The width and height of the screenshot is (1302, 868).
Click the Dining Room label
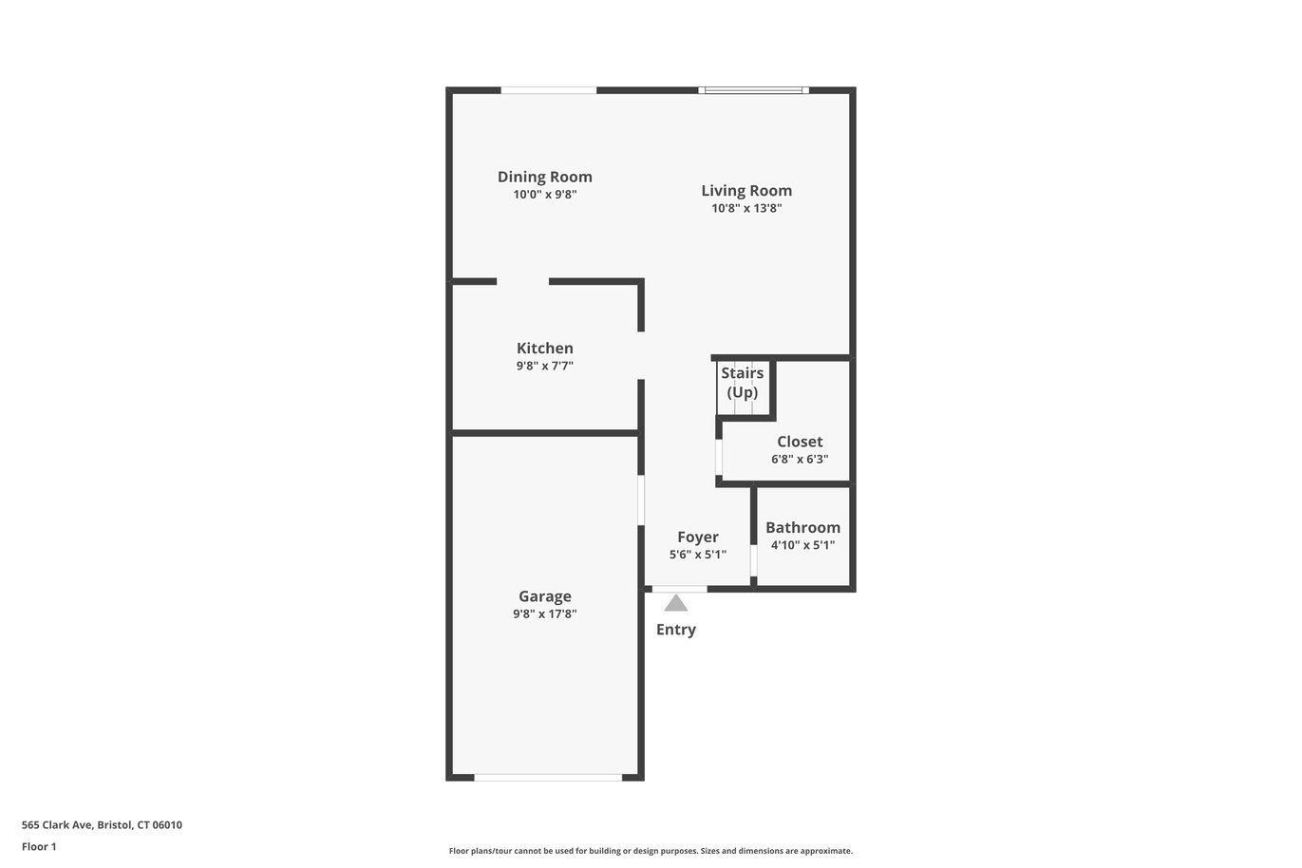544,177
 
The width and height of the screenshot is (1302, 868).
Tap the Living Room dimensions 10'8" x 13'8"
746,208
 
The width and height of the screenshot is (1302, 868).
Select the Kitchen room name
544,349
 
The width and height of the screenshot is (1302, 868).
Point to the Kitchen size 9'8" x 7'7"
544,366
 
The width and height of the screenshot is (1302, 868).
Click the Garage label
544,596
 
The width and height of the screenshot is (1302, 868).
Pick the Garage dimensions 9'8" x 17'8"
544,613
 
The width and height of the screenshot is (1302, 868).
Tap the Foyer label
697,538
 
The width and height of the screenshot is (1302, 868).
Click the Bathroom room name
802,528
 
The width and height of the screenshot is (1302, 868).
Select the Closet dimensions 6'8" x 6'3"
800,460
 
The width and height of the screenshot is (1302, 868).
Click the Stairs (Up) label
743,383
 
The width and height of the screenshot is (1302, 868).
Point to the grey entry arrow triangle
675,603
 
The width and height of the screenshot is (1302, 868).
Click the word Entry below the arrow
675,630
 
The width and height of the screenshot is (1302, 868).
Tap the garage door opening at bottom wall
548,777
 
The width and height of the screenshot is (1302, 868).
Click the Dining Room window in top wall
548,90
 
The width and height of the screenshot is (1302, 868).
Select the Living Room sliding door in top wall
753,90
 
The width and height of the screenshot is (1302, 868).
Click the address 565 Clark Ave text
56,825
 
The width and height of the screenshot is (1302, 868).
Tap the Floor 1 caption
39,847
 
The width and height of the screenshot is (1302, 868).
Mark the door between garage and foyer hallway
641,500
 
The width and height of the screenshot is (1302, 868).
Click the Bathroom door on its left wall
753,560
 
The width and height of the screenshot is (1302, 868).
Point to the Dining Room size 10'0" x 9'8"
544,194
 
